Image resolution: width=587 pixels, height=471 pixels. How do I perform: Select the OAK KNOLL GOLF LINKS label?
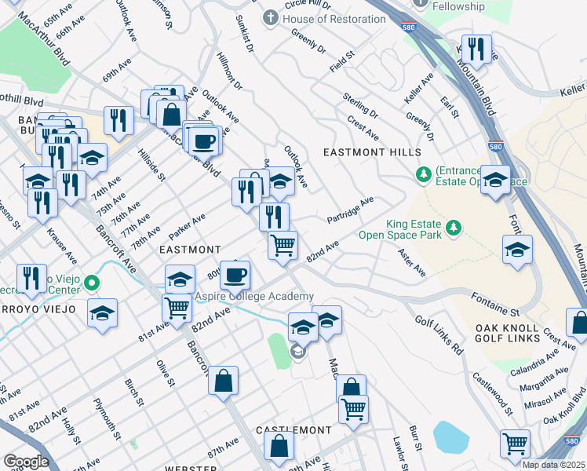tap(507, 333)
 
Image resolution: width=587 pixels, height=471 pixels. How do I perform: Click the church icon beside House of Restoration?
tap(270, 17)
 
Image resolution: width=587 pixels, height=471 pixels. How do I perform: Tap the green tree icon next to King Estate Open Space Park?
tap(453, 228)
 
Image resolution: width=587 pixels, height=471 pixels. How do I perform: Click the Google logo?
tap(26, 462)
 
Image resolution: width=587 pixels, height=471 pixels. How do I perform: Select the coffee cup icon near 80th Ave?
tap(235, 276)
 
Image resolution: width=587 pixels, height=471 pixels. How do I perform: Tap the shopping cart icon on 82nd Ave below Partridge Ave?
tap(283, 244)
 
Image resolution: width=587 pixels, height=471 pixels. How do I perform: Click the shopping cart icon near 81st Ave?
tap(178, 307)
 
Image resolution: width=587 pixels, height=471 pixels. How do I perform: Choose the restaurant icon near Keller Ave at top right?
tap(475, 49)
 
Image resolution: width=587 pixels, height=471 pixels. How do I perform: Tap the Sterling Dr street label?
tap(360, 106)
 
